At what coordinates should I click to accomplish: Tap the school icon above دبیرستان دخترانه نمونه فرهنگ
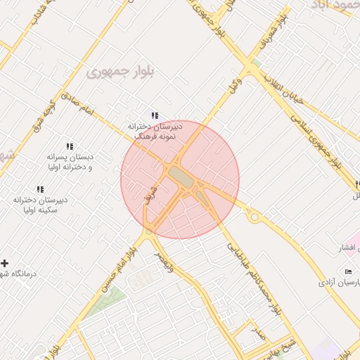click(155, 115)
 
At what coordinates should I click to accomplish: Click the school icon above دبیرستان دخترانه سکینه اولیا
click(40, 189)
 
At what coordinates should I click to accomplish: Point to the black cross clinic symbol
click(5, 263)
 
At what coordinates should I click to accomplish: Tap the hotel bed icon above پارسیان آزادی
click(349, 271)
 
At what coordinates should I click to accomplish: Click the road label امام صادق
click(77, 103)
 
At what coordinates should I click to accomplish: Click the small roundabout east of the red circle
click(254, 217)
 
